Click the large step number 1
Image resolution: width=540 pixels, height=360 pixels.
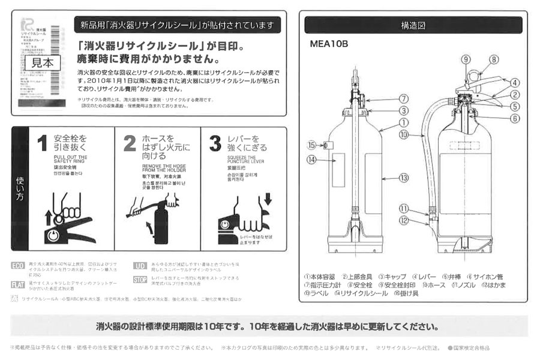click(x=41, y=144)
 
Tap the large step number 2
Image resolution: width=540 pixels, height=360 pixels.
click(x=130, y=144)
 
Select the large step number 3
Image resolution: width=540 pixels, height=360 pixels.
click(x=215, y=144)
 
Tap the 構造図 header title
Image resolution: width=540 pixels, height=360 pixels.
click(x=413, y=26)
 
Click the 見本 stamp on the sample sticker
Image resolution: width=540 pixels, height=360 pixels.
click(x=41, y=61)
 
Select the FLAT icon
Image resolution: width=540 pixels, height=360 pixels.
click(x=19, y=284)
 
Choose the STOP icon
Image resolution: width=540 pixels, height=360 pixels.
click(x=140, y=280)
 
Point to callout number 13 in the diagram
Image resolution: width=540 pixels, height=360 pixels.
click(x=403, y=178)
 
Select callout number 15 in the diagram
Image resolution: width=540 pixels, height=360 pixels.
click(x=311, y=145)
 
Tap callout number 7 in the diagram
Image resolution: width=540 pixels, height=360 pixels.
click(x=404, y=98)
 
